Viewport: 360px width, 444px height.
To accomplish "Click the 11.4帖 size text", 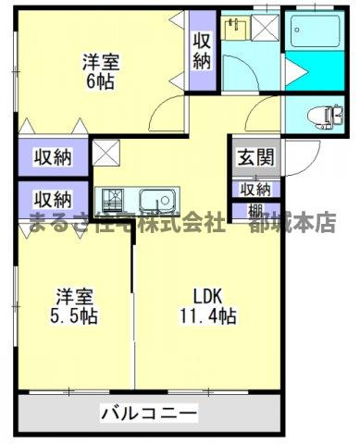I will click(210, 315).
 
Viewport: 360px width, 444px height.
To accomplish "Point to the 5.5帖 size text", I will click(73, 315).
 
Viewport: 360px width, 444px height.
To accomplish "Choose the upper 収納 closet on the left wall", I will click(51, 156).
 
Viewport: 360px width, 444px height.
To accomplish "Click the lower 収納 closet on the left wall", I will click(51, 198).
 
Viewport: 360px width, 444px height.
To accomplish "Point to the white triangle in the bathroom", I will click(296, 71).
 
